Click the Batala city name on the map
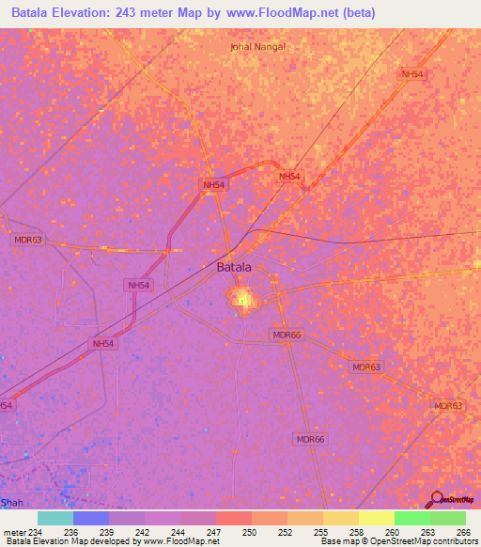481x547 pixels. pos(234,267)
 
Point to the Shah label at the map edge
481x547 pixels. pos(11,502)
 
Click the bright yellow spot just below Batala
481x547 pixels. pos(243,300)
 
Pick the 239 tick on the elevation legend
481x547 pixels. pos(109,531)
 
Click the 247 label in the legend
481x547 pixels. pos(215,531)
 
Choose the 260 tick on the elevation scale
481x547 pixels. pos(394,531)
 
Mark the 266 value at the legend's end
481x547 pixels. pos(463,531)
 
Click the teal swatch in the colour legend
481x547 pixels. pos(55,518)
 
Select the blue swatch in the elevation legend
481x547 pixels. pos(91,518)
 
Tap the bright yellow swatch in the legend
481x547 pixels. pos(376,518)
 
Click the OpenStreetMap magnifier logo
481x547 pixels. pos(438,500)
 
